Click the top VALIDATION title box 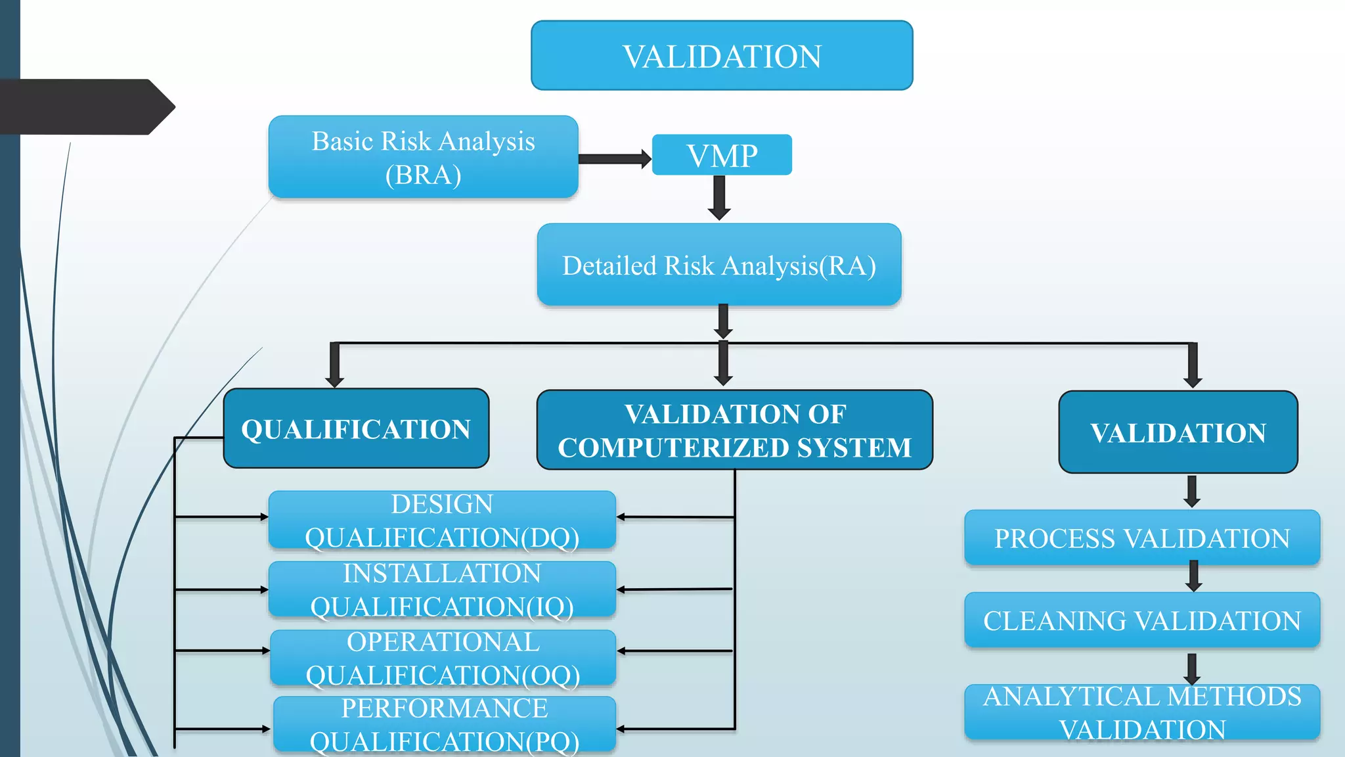[x=722, y=56]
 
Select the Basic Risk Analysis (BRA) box [x=423, y=157]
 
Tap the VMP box [x=722, y=155]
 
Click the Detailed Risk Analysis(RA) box [x=719, y=265]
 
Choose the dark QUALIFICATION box [x=356, y=428]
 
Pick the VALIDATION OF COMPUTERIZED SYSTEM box [x=734, y=430]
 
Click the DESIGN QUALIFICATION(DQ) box [x=442, y=520]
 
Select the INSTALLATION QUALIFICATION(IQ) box [x=442, y=589]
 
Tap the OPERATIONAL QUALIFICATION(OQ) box [x=443, y=658]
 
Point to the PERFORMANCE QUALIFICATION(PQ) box [x=445, y=724]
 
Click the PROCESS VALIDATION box [x=1142, y=538]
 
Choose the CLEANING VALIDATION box [x=1142, y=620]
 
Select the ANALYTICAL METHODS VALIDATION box [x=1142, y=712]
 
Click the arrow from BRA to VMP [x=615, y=158]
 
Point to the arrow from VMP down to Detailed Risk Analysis [x=720, y=198]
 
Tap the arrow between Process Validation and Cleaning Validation [x=1194, y=576]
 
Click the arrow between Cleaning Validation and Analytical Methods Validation [x=1192, y=668]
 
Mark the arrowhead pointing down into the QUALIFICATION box [x=335, y=380]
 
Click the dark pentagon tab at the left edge [x=85, y=107]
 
